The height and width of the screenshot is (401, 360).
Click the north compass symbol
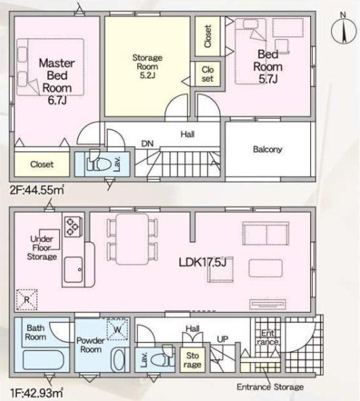[x=343, y=30]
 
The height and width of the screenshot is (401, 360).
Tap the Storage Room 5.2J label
[x=147, y=66]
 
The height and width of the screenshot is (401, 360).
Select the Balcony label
[x=267, y=149]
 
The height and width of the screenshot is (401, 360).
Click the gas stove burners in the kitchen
[x=72, y=226]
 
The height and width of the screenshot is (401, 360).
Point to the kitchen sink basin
[x=73, y=270]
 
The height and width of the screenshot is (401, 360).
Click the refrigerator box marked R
[x=27, y=299]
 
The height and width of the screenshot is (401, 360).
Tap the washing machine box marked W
[x=117, y=329]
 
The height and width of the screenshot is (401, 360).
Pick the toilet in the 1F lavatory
[x=162, y=359]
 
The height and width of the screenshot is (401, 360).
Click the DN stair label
[x=147, y=144]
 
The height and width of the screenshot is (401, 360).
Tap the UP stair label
[x=223, y=339]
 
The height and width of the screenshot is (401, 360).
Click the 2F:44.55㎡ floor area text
[x=37, y=190]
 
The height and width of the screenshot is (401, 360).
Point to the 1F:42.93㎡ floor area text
[x=37, y=392]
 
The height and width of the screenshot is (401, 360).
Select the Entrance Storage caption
[x=270, y=387]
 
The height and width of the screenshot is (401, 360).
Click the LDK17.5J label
[x=202, y=262]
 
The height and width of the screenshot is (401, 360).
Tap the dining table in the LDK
[x=132, y=239]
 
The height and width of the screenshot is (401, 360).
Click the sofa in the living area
[x=266, y=233]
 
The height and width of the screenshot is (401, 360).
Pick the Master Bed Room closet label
[x=42, y=164]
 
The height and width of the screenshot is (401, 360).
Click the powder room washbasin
[x=118, y=359]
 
